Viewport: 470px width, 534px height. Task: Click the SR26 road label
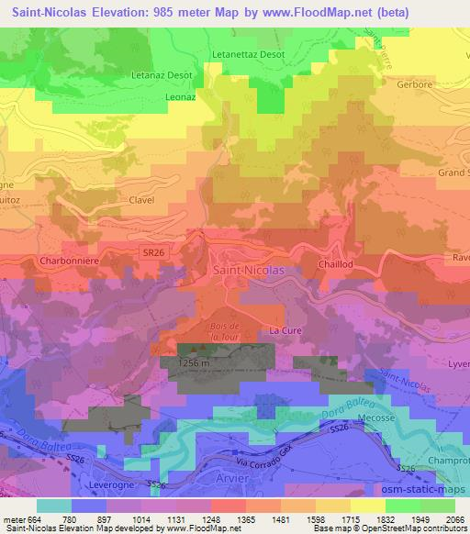click(153, 250)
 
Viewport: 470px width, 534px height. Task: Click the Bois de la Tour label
click(223, 331)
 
